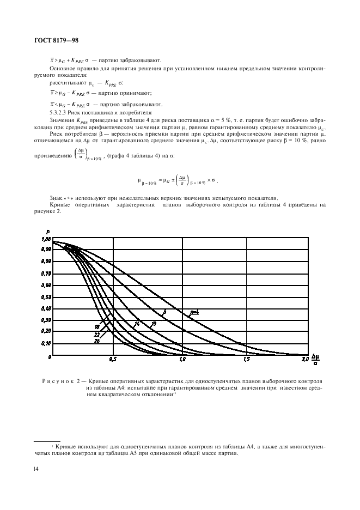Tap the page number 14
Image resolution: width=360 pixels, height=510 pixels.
pyautogui.click(x=36, y=467)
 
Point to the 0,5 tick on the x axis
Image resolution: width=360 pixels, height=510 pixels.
pyautogui.click(x=113, y=360)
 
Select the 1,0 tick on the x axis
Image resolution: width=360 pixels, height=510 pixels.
pyautogui.click(x=181, y=360)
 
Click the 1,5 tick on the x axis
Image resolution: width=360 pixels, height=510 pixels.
pyautogui.click(x=248, y=360)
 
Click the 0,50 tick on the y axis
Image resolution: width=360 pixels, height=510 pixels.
pyautogui.click(x=46, y=297)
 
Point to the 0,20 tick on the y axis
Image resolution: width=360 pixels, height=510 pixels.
pyautogui.click(x=46, y=331)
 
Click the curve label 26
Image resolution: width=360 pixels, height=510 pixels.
pyautogui.click(x=96, y=341)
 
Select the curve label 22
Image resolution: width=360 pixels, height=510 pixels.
pyautogui.click(x=96, y=334)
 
